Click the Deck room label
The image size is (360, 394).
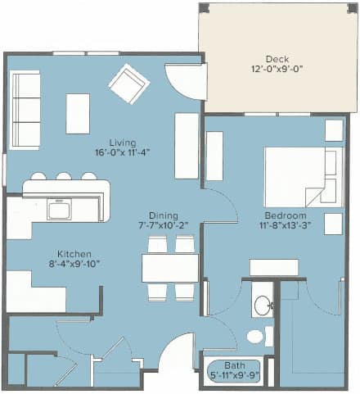[x=277, y=59]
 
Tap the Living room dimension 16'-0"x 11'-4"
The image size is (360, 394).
[x=123, y=152]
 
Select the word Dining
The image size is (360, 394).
[x=164, y=215]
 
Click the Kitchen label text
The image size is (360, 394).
[x=74, y=254]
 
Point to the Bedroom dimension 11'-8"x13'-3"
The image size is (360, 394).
[x=286, y=225]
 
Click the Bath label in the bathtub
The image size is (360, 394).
[x=235, y=365]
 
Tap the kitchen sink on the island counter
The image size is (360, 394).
[x=59, y=209]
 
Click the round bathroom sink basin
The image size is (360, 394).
[x=263, y=306]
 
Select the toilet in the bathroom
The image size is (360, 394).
[x=260, y=336]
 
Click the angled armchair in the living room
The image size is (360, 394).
[x=129, y=84]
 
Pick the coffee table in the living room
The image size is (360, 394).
[x=78, y=114]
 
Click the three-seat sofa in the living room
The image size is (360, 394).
[x=25, y=111]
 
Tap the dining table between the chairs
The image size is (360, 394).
[x=170, y=268]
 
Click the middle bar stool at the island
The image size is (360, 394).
[x=64, y=176]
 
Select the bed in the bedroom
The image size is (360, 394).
[x=304, y=177]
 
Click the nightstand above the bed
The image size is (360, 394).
[x=334, y=130]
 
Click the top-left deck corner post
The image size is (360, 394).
[x=204, y=8]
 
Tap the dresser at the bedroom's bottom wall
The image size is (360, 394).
[x=274, y=267]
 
